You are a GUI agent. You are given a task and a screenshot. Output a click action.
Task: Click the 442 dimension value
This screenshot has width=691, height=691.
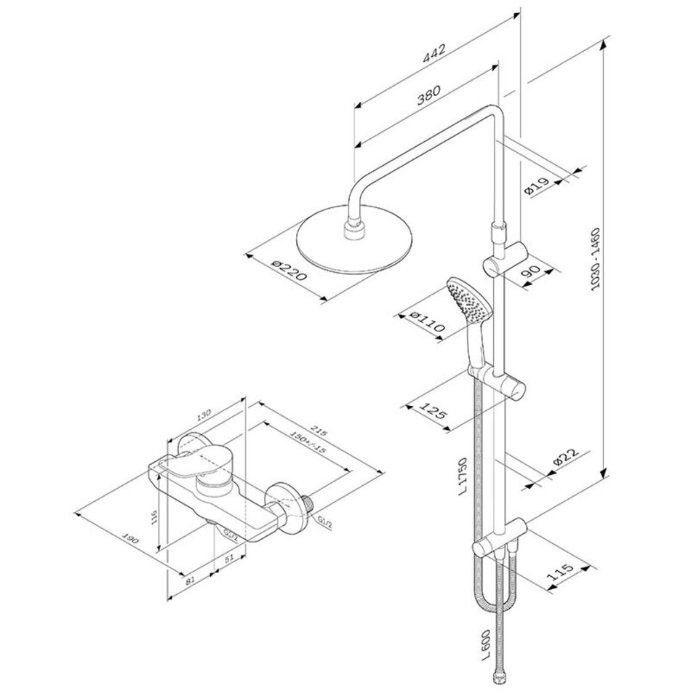click(434, 52)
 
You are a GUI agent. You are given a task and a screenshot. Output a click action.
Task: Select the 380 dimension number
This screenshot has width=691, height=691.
click(429, 95)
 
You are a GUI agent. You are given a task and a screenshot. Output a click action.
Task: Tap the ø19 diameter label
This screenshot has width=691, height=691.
click(536, 186)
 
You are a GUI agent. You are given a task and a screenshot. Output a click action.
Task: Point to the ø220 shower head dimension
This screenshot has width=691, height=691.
click(289, 271)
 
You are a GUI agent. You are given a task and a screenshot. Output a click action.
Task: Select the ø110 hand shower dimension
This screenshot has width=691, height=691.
click(426, 321)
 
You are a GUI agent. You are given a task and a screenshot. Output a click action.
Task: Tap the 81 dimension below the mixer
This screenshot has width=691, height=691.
click(190, 580)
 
